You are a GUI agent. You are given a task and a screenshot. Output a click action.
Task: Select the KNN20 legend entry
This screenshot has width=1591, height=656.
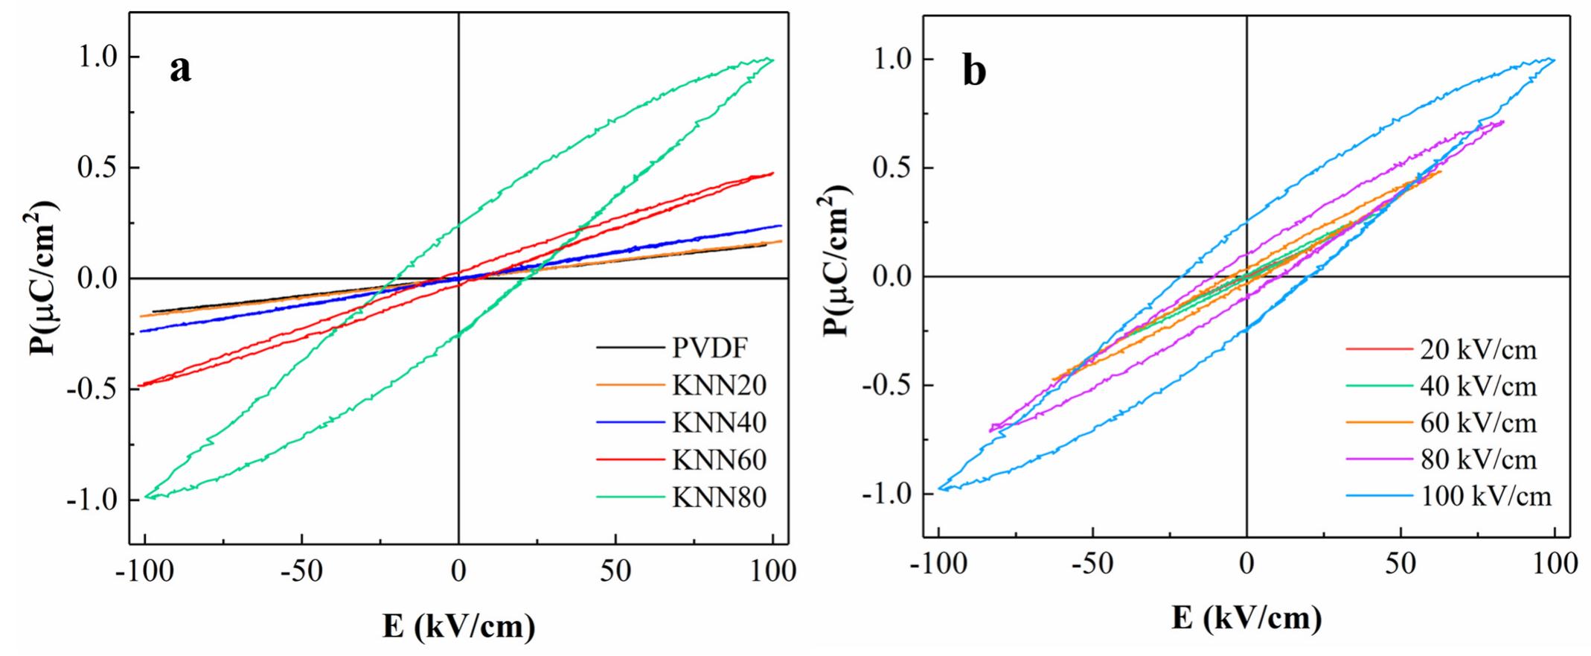pos(719,385)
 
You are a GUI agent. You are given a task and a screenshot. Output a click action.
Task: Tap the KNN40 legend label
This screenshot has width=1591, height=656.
pos(719,422)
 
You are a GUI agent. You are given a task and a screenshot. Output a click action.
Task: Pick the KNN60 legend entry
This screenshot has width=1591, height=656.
pos(719,459)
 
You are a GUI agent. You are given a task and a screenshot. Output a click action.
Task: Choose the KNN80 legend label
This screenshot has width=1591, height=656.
pos(719,497)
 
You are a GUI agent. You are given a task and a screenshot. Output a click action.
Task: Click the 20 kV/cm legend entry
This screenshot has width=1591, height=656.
pos(1478,348)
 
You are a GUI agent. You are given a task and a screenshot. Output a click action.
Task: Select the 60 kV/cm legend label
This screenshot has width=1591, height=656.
pos(1478,422)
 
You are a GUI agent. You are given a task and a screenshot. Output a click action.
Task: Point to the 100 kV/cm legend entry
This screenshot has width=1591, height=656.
pos(1485,496)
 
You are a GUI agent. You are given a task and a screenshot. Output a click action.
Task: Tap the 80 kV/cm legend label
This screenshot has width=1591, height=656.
pos(1478,459)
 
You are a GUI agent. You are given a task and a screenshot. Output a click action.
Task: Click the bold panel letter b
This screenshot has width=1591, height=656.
pos(974,72)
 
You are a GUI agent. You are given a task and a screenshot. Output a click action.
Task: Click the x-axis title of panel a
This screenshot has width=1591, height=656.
pos(458,626)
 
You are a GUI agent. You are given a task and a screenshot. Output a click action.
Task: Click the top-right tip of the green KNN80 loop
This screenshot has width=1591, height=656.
pos(772,60)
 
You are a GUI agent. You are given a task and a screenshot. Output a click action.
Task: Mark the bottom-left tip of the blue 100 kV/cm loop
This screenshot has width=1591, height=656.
pos(940,488)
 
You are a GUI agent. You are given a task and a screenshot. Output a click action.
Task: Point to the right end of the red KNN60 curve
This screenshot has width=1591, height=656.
pos(773,173)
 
